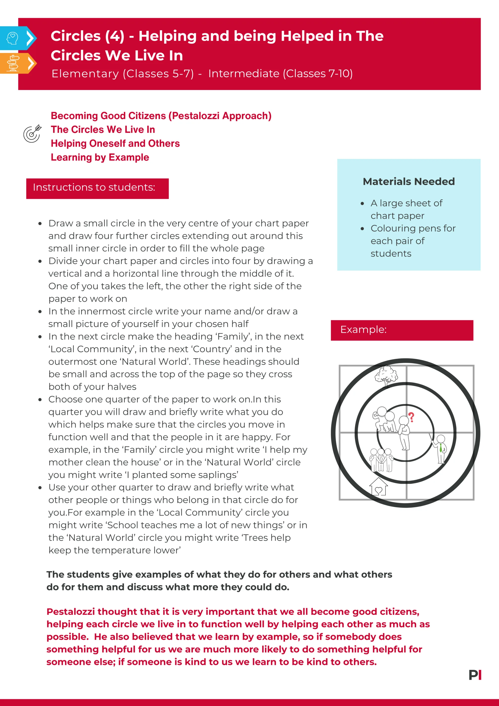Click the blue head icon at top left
point(12,38)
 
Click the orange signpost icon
point(13,63)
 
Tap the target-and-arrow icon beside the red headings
point(32,134)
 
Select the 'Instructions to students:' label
point(94,187)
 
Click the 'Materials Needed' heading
point(409,181)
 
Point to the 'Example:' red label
point(364,330)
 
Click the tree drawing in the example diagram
point(386,376)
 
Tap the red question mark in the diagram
point(411,417)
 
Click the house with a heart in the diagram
point(378,486)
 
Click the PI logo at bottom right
point(475,675)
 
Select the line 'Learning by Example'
point(100,157)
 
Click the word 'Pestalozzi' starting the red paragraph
point(70,612)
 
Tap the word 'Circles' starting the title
point(76,36)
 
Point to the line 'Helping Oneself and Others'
point(115,143)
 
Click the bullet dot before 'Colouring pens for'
point(363,228)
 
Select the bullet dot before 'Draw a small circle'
point(40,224)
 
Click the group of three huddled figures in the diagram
point(381,460)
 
